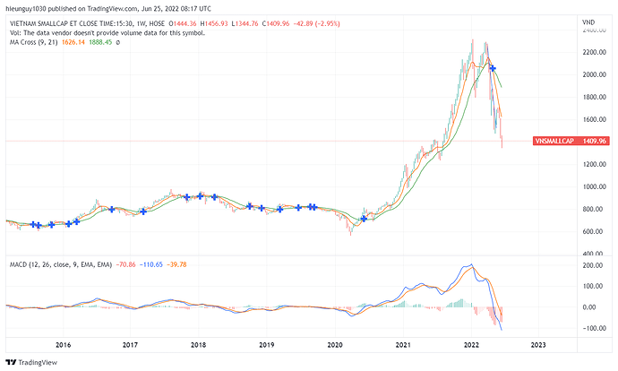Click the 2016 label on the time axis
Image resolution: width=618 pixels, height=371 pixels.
tap(63, 344)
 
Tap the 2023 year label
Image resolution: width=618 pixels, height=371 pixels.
tap(538, 344)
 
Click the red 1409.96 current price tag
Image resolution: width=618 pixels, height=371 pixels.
tap(596, 141)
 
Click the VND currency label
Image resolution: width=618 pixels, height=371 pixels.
tap(588, 21)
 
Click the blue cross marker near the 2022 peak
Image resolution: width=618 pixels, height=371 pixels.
tap(492, 69)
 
